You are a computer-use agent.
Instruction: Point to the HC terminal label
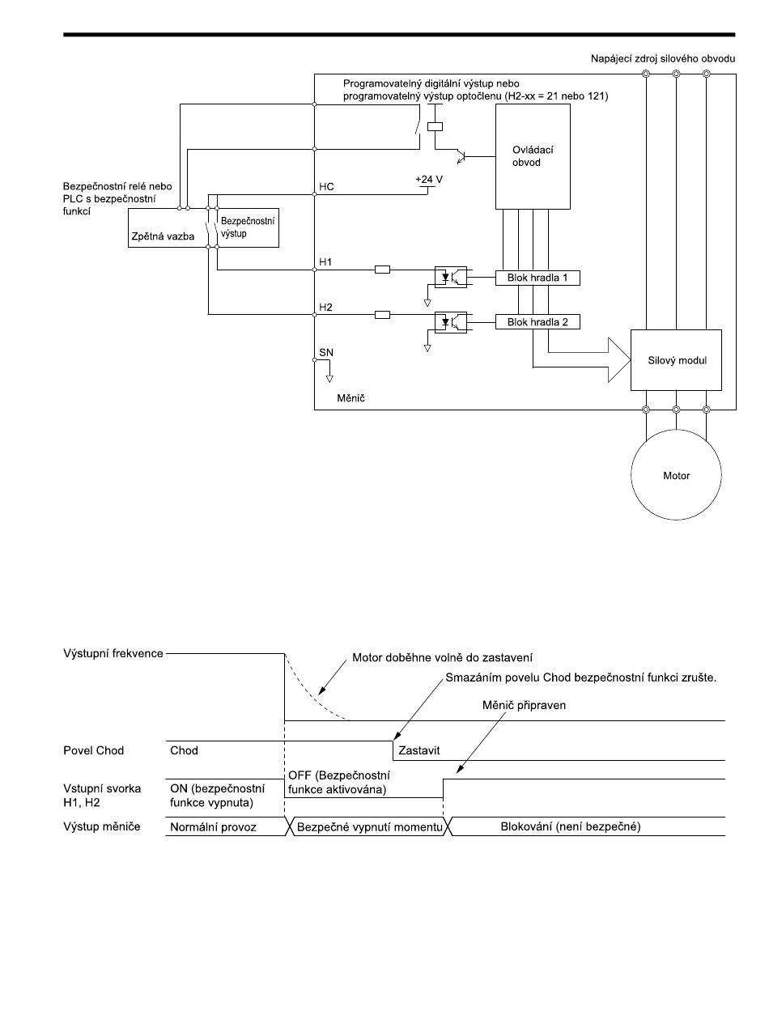tap(326, 186)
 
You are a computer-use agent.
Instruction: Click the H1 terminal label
tap(325, 262)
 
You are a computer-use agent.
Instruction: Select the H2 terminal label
tap(325, 307)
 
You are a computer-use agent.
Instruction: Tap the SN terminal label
tap(326, 352)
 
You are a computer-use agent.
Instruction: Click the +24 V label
tap(429, 179)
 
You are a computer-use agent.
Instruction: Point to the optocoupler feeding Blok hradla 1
tap(450, 278)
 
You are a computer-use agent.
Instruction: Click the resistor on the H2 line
tap(382, 315)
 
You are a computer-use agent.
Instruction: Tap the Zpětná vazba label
tap(163, 237)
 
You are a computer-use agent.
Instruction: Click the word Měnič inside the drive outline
tap(351, 398)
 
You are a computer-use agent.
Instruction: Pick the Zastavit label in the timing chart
tap(419, 750)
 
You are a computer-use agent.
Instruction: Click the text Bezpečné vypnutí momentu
tap(369, 826)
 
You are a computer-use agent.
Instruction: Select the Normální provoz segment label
tap(213, 827)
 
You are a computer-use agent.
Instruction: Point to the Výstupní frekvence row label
tap(113, 653)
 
